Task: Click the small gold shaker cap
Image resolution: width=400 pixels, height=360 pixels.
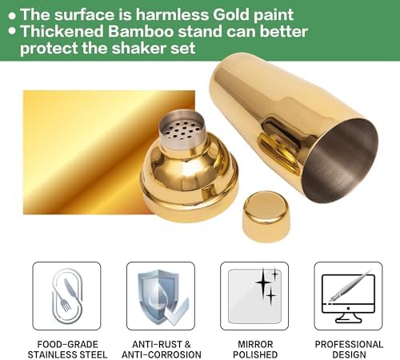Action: coord(266,216)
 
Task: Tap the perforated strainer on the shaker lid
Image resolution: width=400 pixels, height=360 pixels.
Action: coord(182,129)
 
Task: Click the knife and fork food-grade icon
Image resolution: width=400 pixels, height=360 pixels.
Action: coord(66,296)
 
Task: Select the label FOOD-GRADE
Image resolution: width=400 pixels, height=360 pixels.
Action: coord(68,344)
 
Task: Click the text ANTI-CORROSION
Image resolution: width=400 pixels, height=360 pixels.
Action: coord(162,354)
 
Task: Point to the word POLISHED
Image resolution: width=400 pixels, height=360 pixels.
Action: coord(255,354)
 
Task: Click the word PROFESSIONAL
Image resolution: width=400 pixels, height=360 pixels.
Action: coord(349,344)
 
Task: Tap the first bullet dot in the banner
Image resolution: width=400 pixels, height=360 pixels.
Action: coord(12,16)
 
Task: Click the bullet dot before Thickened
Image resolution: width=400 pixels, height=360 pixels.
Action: coord(12,30)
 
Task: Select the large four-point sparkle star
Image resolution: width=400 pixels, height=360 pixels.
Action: coord(262,282)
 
